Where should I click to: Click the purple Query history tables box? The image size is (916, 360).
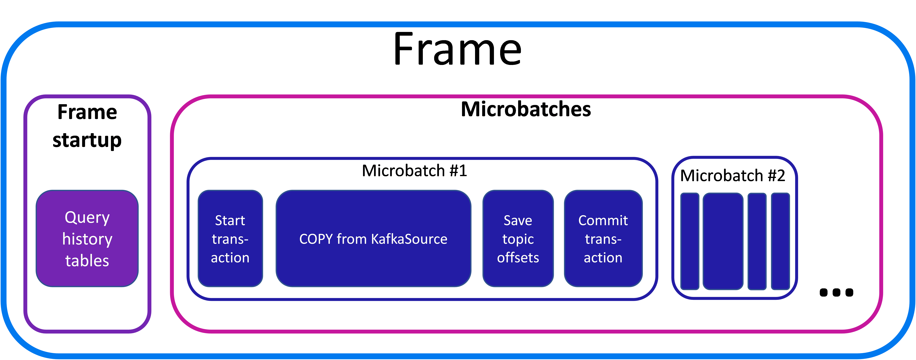pyautogui.click(x=87, y=238)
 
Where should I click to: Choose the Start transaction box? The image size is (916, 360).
pyautogui.click(x=230, y=238)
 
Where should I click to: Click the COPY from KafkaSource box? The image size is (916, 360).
pyautogui.click(x=373, y=238)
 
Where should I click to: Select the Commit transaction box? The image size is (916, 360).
pyautogui.click(x=603, y=238)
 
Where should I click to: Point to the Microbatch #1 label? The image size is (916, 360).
pyautogui.click(x=414, y=171)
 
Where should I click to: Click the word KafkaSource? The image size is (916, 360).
pyautogui.click(x=409, y=239)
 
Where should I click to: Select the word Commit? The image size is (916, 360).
pyautogui.click(x=603, y=221)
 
